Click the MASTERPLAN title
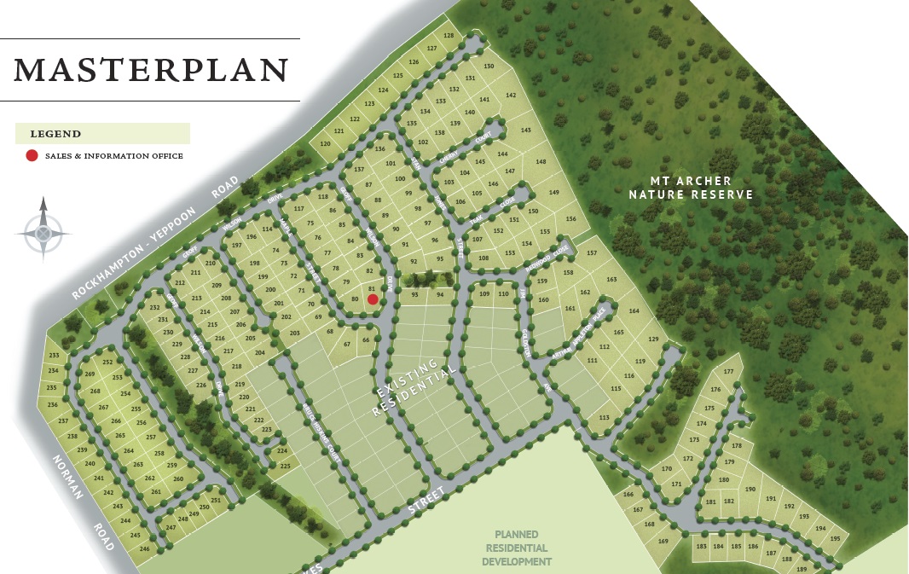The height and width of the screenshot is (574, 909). click(151, 69)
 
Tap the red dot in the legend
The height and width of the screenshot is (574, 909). click(32, 155)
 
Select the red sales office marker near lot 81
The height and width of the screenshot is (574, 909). click(373, 299)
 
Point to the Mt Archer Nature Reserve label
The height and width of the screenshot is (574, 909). click(692, 188)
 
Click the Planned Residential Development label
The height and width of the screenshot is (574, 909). click(516, 548)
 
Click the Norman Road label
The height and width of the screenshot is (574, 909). click(83, 504)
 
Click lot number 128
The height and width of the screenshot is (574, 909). click(449, 36)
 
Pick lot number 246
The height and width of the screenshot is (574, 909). click(144, 548)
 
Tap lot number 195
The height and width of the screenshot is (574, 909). click(835, 538)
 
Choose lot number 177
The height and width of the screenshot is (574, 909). click(728, 372)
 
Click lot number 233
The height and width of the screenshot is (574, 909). click(54, 355)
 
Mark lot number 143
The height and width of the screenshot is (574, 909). click(525, 130)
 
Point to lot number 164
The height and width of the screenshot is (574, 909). click(634, 311)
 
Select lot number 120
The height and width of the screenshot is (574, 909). click(325, 143)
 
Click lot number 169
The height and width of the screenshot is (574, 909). click(663, 541)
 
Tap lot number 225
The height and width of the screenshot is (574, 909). click(286, 466)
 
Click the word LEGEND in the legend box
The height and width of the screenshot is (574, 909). click(55, 134)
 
